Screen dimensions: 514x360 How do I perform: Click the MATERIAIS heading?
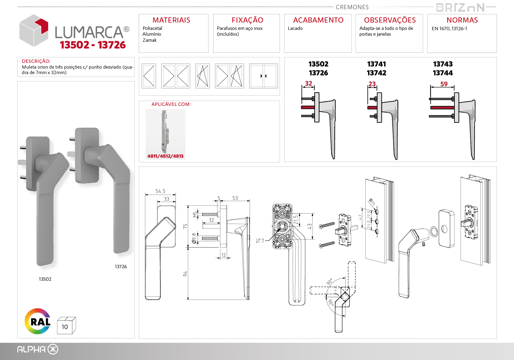172,20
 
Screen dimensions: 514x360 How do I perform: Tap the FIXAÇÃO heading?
247,20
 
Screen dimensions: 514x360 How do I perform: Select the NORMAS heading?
462,20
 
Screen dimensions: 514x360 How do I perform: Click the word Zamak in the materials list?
150,40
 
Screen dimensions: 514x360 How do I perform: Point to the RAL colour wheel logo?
38,321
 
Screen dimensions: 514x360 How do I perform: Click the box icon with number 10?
66,326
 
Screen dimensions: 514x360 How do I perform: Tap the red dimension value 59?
444,84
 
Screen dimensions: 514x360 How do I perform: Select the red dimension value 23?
372,84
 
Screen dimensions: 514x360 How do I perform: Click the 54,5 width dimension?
160,191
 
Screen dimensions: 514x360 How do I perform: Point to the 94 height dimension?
185,274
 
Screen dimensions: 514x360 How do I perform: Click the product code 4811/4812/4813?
165,156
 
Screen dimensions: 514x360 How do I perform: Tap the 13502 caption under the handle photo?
45,279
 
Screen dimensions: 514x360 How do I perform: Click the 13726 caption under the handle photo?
121,266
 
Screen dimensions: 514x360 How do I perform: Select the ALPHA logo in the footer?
38,349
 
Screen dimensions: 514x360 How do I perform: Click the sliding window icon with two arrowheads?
263,76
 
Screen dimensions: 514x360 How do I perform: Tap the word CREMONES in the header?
352,7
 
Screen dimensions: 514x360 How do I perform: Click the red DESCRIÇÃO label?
36,61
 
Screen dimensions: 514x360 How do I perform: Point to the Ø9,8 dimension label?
194,239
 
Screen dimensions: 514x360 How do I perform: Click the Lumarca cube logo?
34,31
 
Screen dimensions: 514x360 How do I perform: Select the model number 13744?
443,73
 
